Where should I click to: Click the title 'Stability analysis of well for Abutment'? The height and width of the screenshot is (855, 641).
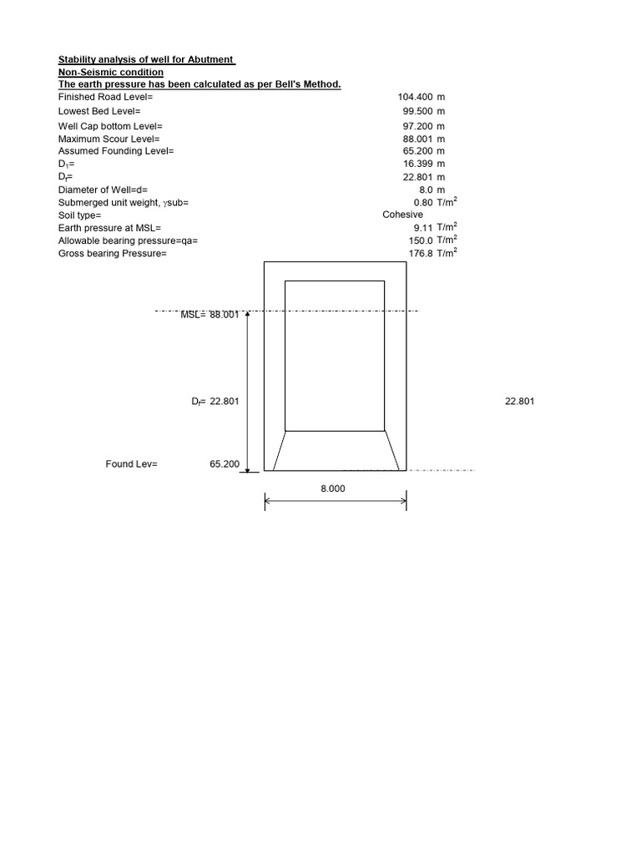click(146, 60)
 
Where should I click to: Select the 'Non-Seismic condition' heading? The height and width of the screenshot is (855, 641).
click(110, 73)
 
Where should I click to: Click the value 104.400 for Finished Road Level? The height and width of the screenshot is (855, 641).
click(415, 98)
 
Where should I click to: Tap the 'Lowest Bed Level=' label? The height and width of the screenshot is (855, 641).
click(99, 111)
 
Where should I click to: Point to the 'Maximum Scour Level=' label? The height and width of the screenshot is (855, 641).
click(109, 139)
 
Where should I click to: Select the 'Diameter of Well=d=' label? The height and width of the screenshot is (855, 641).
click(103, 190)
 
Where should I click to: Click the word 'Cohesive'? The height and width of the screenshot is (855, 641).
click(402, 215)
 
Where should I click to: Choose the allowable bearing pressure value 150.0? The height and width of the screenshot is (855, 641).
click(419, 240)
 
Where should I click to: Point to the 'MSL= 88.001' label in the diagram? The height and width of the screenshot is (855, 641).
click(209, 315)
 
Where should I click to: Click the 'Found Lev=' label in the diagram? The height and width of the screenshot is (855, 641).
click(131, 464)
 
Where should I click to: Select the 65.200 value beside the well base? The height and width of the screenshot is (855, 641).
click(225, 464)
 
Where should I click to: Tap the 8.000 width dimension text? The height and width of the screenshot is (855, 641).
click(332, 488)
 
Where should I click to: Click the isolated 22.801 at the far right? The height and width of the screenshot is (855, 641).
click(520, 402)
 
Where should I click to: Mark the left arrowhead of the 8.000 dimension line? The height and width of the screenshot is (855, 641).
click(267, 502)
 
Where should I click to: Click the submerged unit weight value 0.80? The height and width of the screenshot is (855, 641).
click(422, 203)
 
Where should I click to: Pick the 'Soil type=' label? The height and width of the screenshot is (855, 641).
click(79, 215)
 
